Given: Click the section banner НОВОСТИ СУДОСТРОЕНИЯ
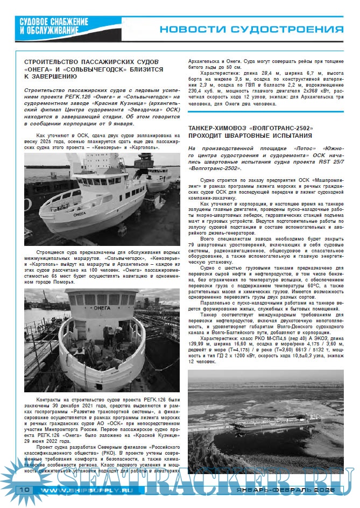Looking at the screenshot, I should [251, 29].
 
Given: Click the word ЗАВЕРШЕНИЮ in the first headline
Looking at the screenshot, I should [52, 77].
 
